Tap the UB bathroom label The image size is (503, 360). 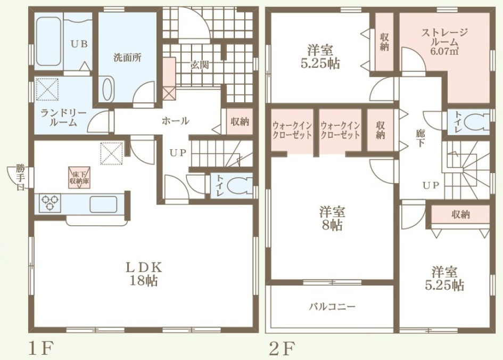[x=79, y=44]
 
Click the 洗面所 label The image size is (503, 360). [x=127, y=58]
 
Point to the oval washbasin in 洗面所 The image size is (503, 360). [x=108, y=89]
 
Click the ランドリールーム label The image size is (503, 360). [x=63, y=118]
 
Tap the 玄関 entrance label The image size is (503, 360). [x=200, y=65]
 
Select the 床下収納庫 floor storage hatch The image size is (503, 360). [x=79, y=177]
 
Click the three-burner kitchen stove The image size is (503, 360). [x=50, y=203]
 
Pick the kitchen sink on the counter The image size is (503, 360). [x=103, y=204]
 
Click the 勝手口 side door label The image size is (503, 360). [x=20, y=177]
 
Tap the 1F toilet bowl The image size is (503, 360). [x=238, y=187]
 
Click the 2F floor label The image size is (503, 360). [x=282, y=348]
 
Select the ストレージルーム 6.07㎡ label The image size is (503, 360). [x=444, y=41]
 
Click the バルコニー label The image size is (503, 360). [x=332, y=307]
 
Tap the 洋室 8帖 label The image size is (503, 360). [x=332, y=219]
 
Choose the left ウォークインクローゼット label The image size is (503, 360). [x=292, y=129]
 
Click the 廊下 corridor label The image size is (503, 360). [x=420, y=137]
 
